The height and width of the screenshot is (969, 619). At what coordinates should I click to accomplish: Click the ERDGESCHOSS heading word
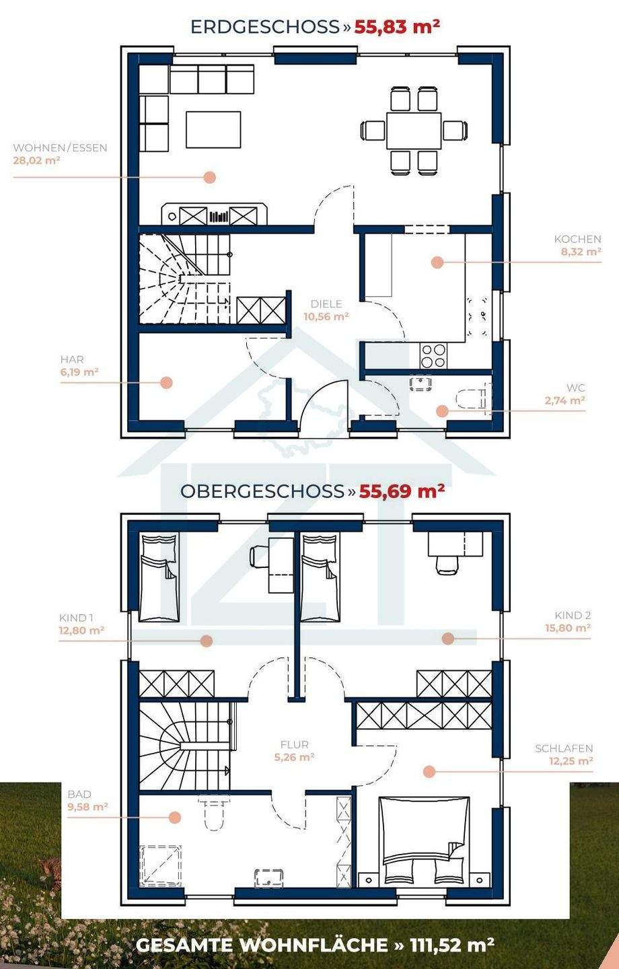[264, 27]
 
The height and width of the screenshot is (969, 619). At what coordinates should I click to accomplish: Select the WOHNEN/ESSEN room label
[60, 148]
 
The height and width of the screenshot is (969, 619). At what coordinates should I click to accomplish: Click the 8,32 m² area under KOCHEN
[581, 252]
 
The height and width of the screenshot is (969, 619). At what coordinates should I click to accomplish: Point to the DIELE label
[326, 304]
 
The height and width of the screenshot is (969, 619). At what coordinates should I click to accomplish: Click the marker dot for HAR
[166, 382]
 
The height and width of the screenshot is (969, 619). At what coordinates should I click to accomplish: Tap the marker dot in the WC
[441, 411]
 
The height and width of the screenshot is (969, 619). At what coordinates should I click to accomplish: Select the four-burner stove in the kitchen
[433, 355]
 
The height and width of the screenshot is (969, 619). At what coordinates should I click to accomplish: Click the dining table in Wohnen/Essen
[414, 131]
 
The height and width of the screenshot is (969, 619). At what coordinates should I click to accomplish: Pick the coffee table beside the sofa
[213, 129]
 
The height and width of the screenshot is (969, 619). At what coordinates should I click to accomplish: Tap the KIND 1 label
[76, 618]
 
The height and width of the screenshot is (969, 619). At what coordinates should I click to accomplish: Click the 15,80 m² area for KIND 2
[568, 628]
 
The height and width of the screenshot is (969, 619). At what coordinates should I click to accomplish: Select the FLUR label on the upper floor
[295, 744]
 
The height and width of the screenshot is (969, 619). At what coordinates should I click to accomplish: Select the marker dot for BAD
[174, 817]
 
